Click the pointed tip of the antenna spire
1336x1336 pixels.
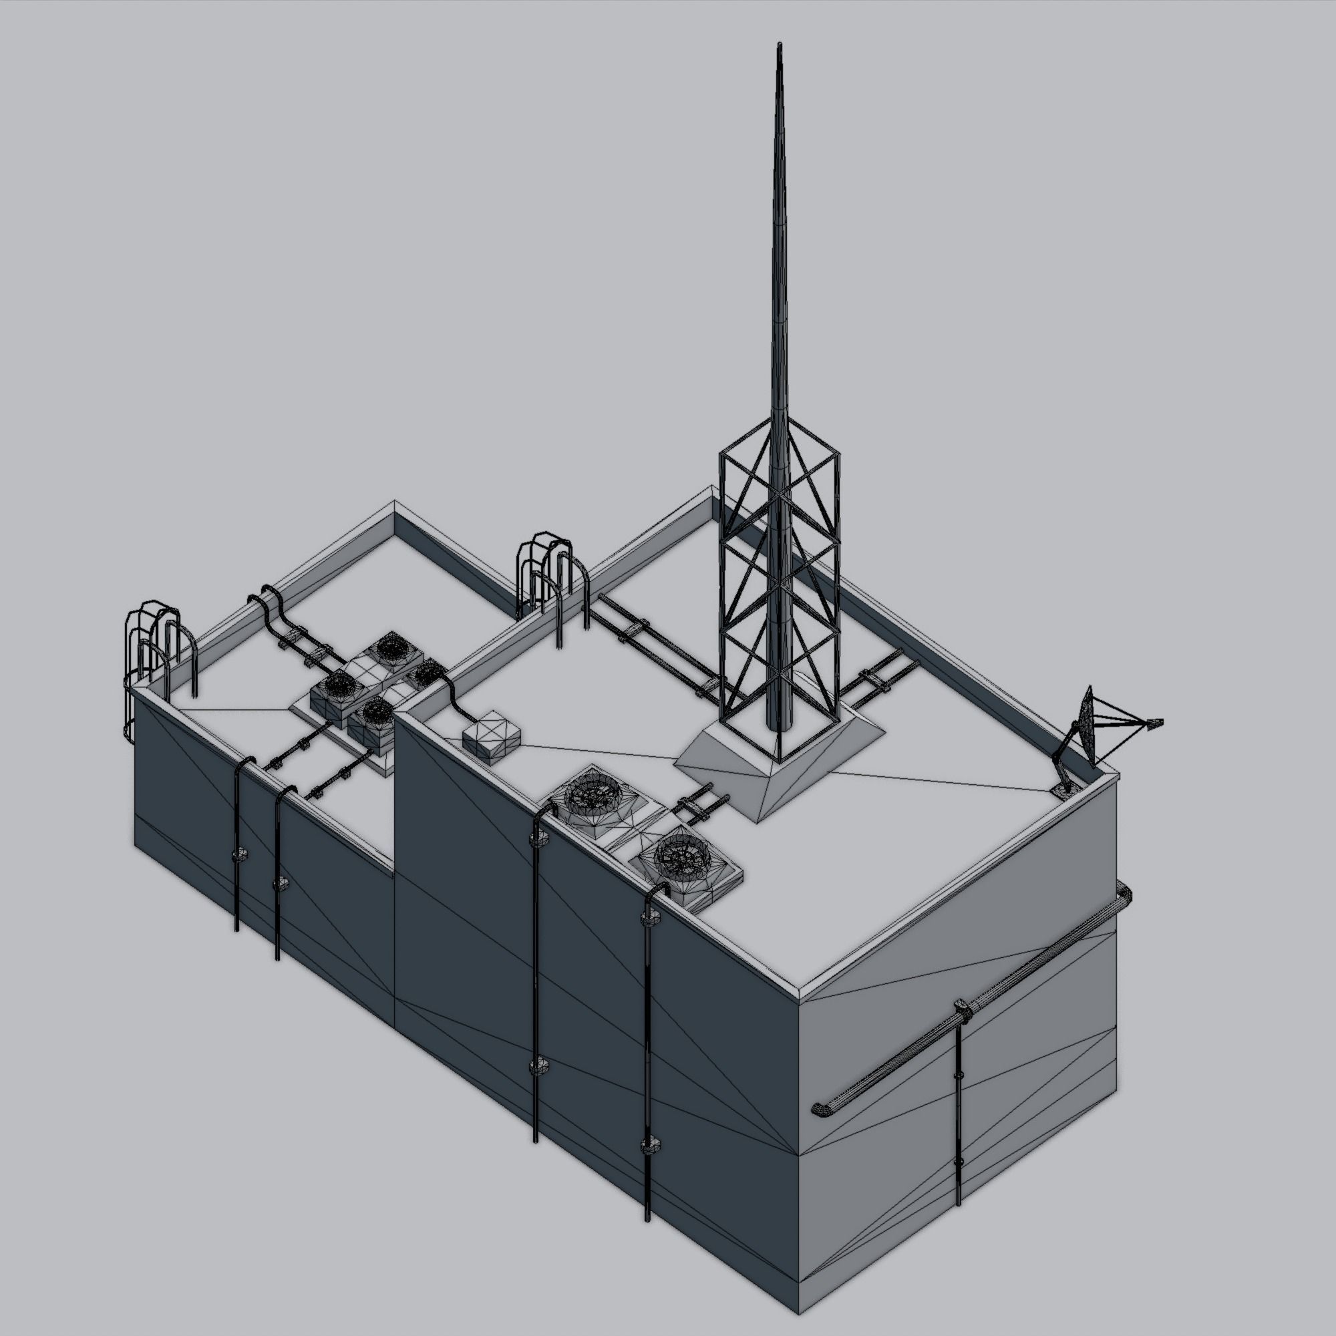point(780,46)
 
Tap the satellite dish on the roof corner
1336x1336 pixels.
point(1086,727)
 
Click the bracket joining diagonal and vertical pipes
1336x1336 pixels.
point(961,1010)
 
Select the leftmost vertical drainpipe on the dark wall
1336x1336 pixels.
point(236,850)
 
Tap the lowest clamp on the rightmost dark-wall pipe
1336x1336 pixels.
point(649,1145)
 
